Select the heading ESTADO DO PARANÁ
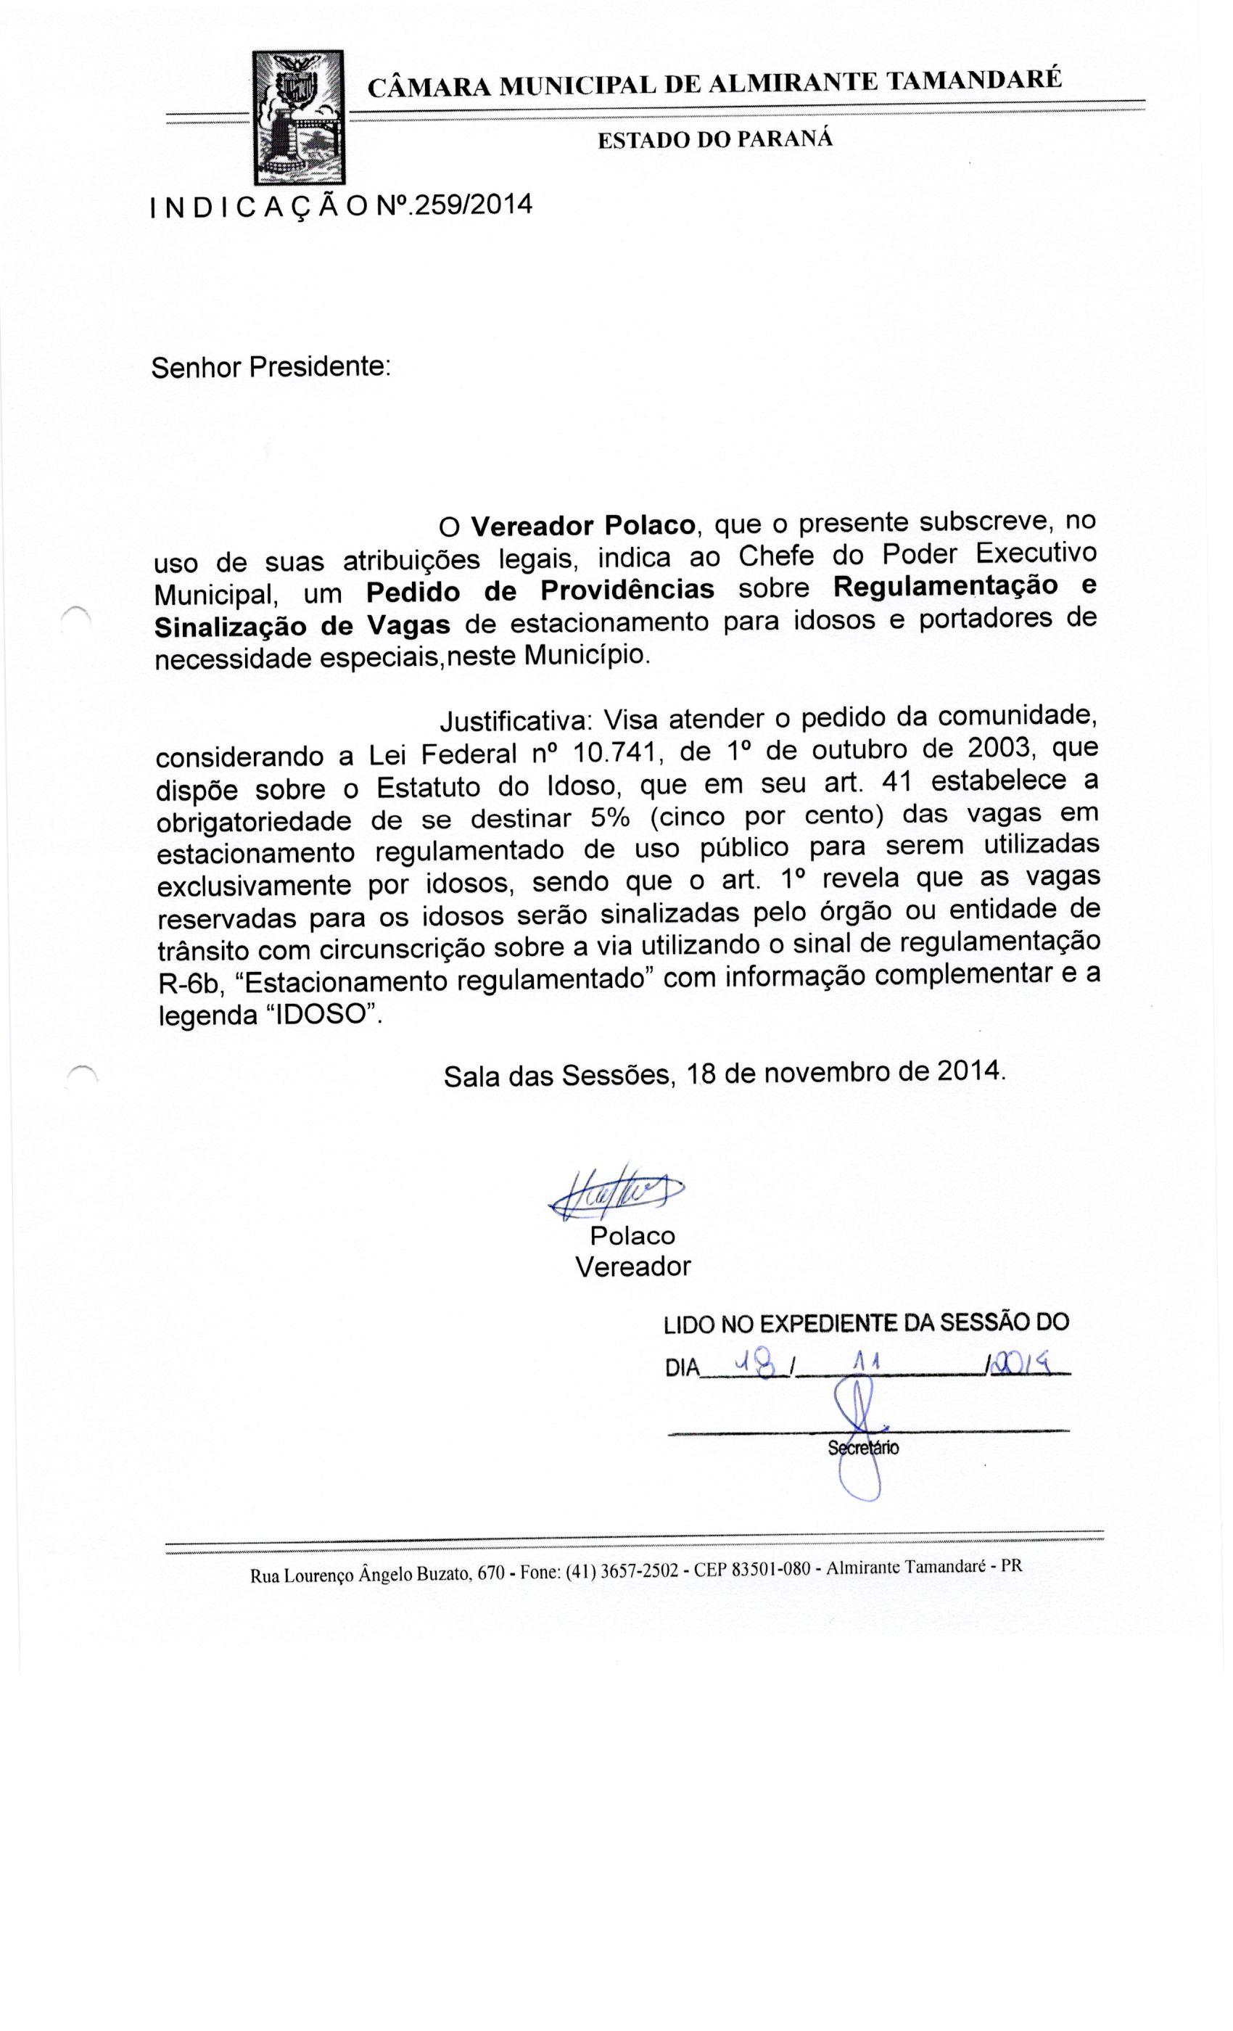click(714, 139)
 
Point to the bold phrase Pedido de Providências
click(540, 590)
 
